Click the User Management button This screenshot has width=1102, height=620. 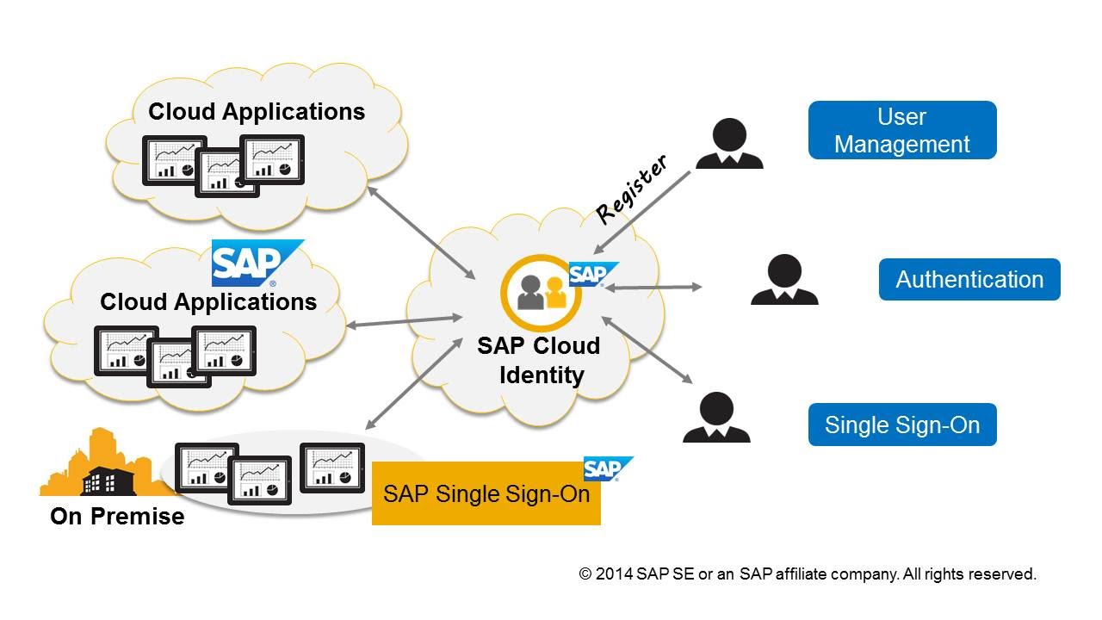[901, 130]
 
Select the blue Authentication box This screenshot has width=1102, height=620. [969, 280]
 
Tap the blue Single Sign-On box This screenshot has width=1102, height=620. [901, 425]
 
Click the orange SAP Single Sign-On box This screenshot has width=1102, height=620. [486, 494]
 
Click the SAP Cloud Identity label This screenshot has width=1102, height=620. [538, 361]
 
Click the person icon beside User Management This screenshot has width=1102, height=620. [728, 144]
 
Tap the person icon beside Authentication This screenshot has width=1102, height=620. [783, 280]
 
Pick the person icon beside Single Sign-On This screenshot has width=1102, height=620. [715, 418]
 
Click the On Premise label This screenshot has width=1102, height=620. [117, 517]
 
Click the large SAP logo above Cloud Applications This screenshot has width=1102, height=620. [257, 263]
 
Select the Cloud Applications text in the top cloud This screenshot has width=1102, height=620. [257, 112]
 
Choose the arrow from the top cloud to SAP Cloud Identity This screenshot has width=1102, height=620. [421, 231]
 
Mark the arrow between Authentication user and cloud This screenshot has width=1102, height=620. [653, 288]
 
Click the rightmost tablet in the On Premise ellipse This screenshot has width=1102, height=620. [332, 468]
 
